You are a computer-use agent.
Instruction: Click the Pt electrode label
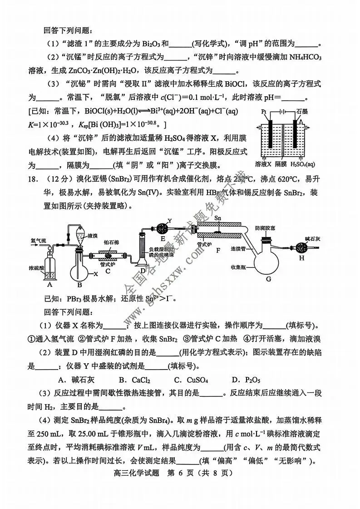[263, 111]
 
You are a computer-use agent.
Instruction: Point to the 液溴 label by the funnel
[93, 236]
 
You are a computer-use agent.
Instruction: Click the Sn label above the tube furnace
[218, 218]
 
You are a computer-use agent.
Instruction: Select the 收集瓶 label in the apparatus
[238, 267]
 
